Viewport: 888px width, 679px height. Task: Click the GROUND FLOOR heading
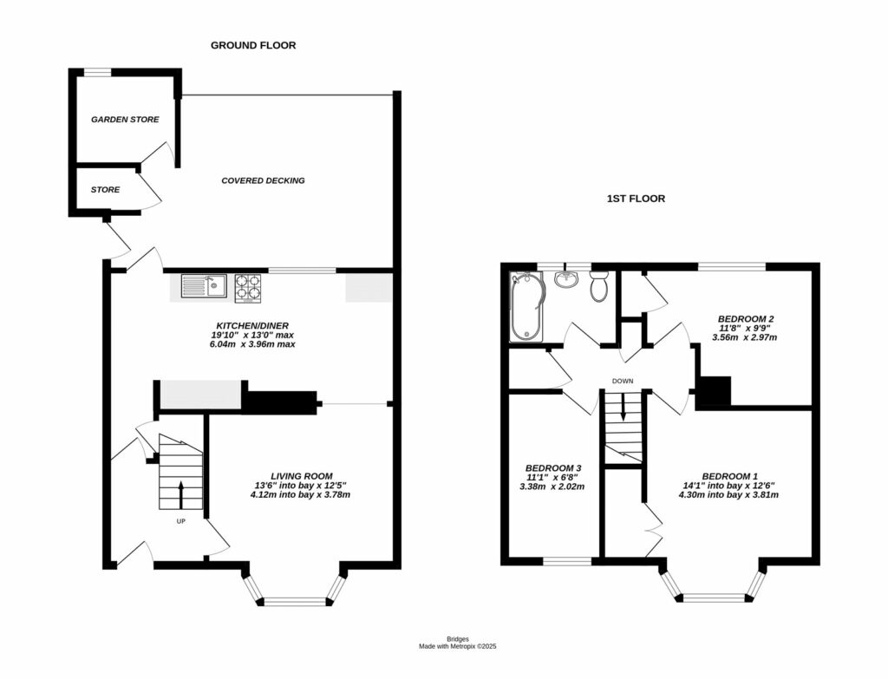253,45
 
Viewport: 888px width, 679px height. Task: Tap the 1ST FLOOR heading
636,199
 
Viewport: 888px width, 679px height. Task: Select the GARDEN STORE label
125,120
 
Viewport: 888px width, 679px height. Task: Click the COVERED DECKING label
263,180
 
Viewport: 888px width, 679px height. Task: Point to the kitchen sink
204,286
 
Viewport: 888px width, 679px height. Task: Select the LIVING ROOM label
301,476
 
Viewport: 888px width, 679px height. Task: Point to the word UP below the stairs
181,522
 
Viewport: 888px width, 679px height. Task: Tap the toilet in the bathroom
598,286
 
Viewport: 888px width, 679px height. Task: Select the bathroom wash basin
565,279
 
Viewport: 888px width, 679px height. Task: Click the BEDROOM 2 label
745,317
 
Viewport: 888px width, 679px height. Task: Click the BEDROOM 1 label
729,476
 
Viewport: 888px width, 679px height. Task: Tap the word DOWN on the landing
623,381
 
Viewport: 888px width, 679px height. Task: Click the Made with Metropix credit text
457,646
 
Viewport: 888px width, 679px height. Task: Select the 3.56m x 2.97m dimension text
744,337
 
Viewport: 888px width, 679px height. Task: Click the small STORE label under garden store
105,189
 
